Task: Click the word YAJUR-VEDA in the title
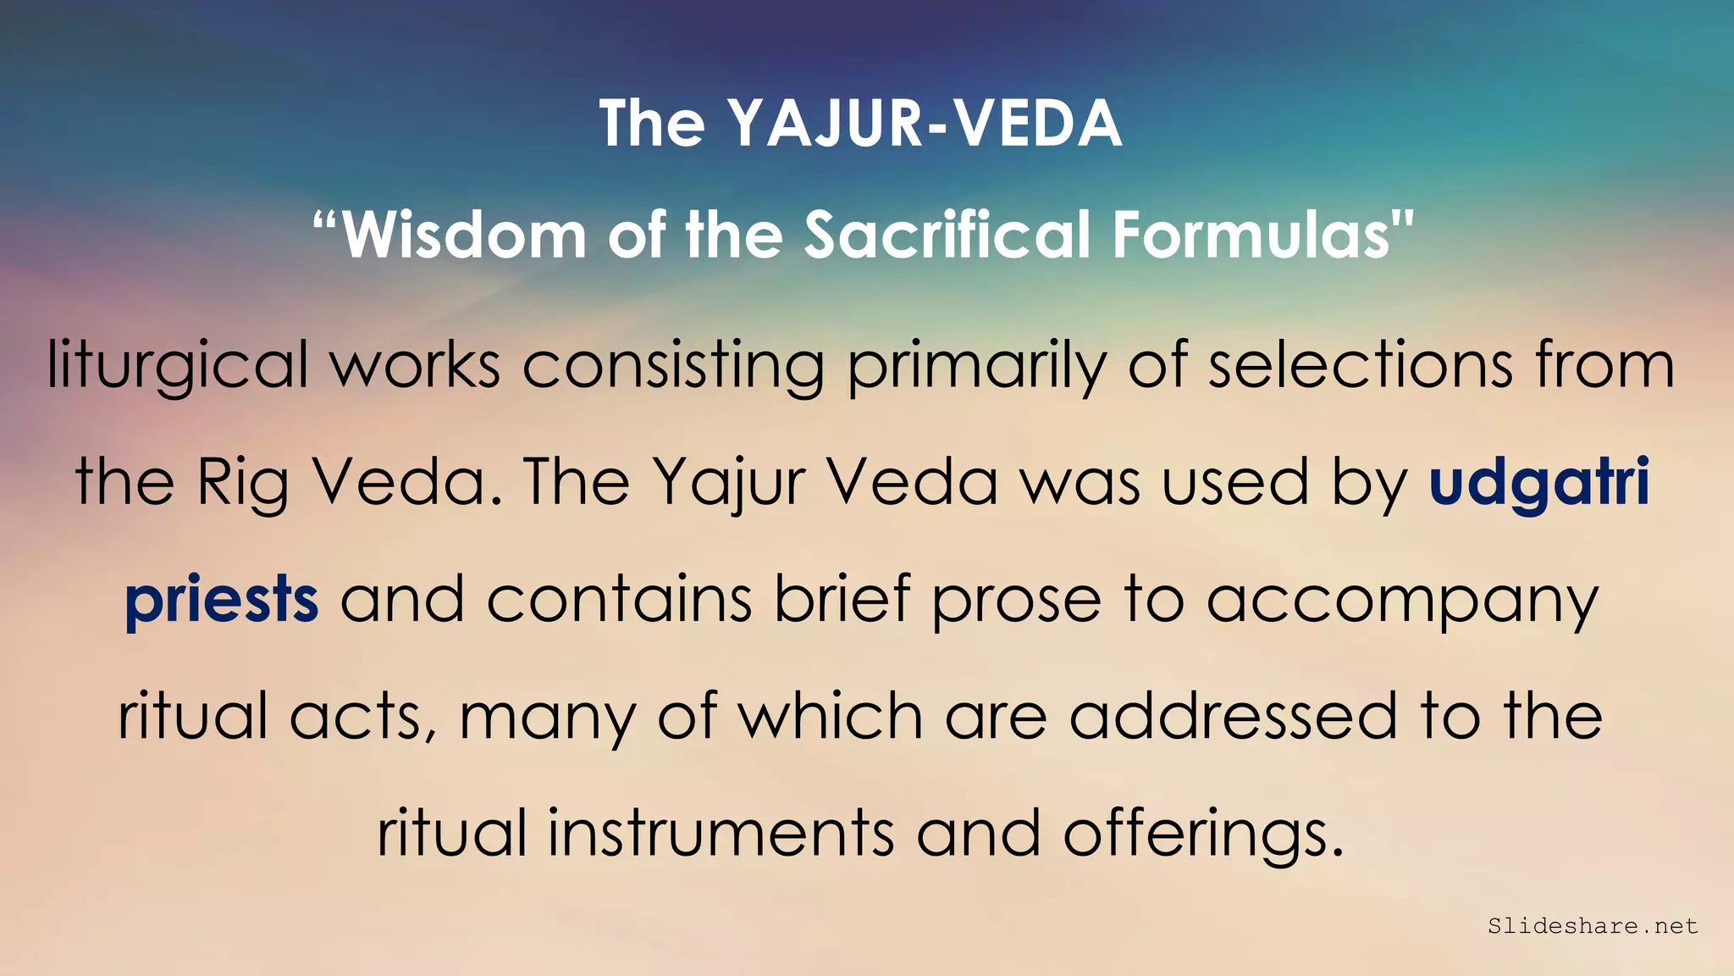tap(925, 125)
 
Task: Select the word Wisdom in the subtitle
tap(464, 235)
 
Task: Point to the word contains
tap(619, 599)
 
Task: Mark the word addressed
tap(1233, 716)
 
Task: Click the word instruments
tap(721, 833)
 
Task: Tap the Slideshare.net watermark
tap(1593, 926)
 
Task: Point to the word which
tap(830, 716)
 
